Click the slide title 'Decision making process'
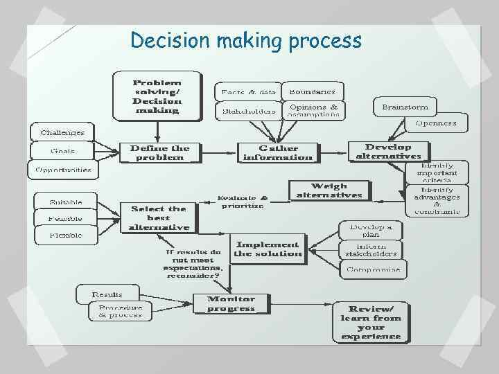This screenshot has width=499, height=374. click(246, 41)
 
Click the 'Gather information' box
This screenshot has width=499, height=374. click(278, 152)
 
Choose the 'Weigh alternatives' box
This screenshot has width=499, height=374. click(329, 190)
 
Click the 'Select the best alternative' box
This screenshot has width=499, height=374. click(159, 217)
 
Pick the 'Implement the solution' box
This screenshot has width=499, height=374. click(268, 249)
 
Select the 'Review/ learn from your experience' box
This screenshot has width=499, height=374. click(371, 322)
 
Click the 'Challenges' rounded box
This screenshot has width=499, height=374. click(62, 132)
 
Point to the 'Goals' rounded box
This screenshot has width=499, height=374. click(62, 150)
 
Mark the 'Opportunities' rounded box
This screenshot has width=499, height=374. click(62, 168)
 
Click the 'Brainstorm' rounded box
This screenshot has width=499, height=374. click(405, 107)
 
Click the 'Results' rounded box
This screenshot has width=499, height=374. click(107, 294)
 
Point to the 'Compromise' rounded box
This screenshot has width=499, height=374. click(373, 269)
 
